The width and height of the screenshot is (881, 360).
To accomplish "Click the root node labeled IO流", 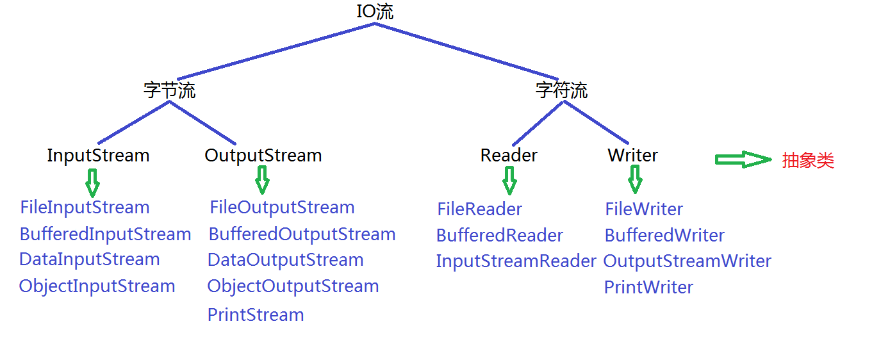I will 375,12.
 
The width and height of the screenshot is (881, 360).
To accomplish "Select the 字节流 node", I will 169,90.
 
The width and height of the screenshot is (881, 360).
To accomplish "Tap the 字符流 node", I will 561,90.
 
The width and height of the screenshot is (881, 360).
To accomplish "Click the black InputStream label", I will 98,156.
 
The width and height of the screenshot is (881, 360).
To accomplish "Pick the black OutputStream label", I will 263,156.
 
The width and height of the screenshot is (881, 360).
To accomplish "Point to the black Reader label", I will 509,156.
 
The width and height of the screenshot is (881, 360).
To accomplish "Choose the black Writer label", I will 632,156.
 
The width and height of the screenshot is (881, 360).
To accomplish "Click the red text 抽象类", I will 808,161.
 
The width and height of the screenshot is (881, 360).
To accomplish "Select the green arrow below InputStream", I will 92,183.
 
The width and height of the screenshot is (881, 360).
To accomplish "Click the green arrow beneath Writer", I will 634,179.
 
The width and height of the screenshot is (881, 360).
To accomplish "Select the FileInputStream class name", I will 85,208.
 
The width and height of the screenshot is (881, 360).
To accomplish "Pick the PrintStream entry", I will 256,315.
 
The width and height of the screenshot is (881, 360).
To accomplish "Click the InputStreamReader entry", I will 516,261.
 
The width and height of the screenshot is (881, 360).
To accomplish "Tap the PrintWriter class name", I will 648,287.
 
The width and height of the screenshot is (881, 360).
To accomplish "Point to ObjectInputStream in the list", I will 97,286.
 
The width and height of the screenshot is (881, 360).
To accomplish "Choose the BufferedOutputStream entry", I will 302,234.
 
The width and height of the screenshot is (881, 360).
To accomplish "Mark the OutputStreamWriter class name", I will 687,261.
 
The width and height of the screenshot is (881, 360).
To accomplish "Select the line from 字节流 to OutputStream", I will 203,122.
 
